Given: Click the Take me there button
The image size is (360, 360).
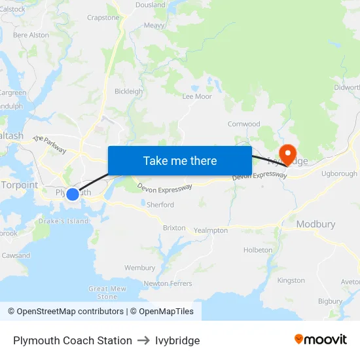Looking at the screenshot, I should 180,160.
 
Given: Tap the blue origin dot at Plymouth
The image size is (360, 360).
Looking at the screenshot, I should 73,194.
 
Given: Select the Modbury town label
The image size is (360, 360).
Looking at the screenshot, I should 315,224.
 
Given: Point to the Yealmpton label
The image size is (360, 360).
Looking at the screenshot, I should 211,230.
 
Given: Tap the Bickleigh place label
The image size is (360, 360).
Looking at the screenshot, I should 128,92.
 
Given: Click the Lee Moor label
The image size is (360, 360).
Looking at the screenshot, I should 197,96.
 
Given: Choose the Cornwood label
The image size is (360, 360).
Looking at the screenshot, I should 243,124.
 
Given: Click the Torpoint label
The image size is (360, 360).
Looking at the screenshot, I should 19,185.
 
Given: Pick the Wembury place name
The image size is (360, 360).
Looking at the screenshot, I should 139,268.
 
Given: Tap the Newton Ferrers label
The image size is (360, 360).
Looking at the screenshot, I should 168,283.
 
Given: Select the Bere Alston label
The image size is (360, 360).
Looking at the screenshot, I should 31,35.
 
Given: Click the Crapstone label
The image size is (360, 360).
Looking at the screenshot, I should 103,18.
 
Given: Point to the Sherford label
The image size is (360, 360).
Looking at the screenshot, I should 160,205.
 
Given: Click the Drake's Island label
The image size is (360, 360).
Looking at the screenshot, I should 63,221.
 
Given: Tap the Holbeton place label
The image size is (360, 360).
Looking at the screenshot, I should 258,250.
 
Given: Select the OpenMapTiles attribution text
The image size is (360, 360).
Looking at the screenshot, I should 162,312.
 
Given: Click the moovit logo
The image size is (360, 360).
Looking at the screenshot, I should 321,340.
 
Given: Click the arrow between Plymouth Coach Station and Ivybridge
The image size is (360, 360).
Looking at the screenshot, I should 143,340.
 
